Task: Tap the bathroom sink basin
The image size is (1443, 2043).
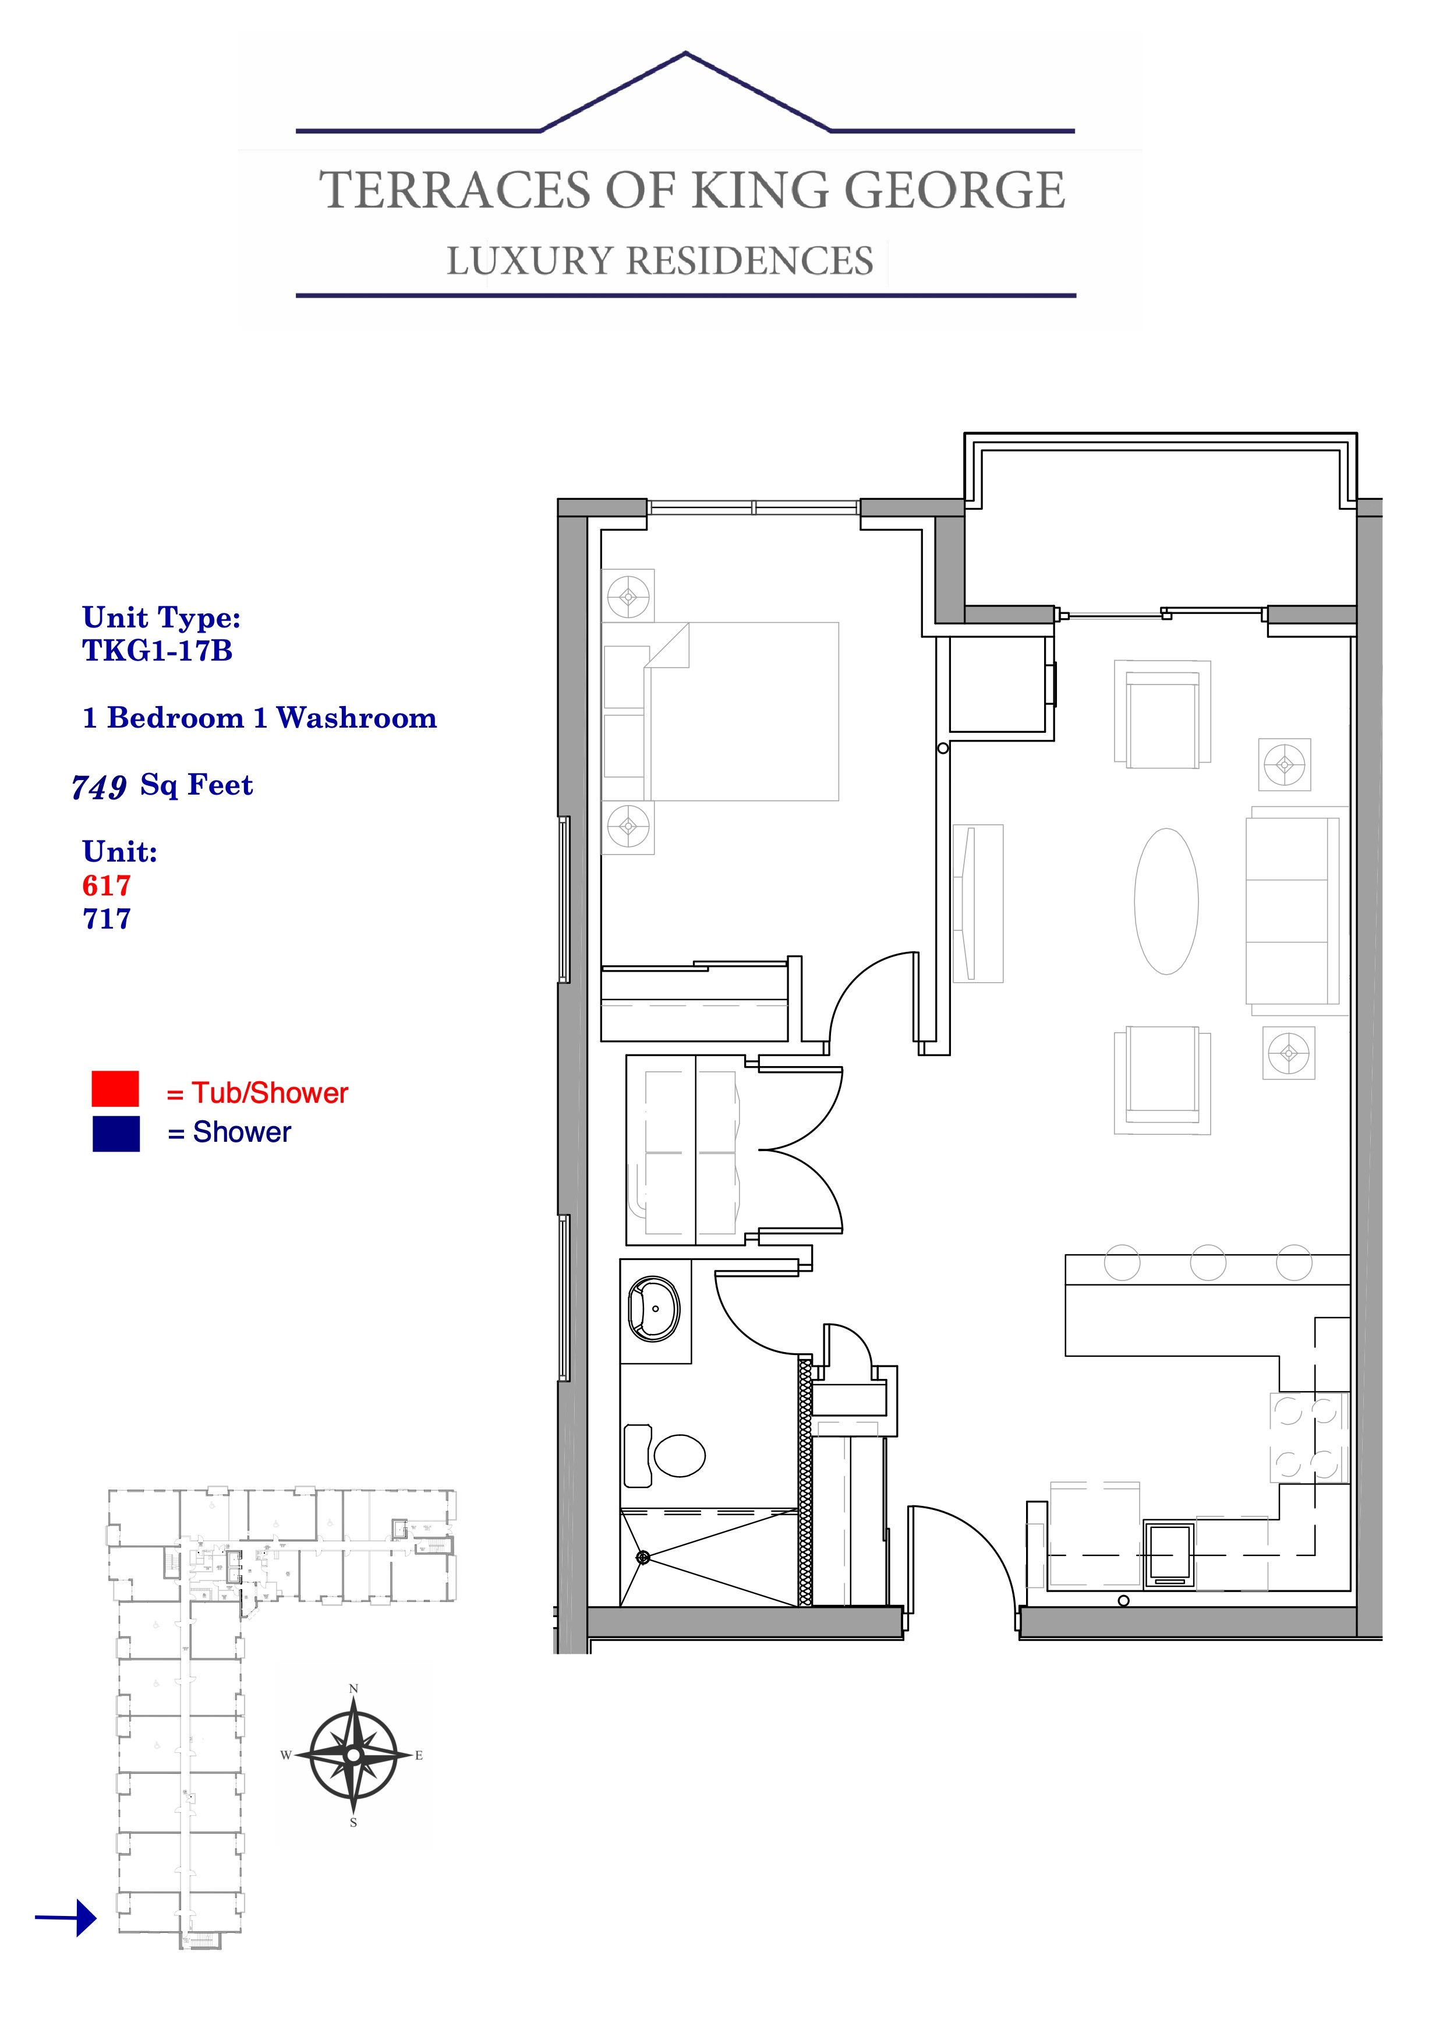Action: (654, 1309)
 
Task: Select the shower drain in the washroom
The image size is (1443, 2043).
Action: (643, 1557)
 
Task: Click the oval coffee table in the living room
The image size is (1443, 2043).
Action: (1166, 901)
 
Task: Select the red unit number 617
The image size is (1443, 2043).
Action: (107, 885)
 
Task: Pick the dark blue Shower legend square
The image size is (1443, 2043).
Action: (116, 1134)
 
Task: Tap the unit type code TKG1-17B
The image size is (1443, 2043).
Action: (157, 651)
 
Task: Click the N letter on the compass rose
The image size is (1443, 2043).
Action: (353, 1689)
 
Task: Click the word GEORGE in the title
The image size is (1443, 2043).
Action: (954, 190)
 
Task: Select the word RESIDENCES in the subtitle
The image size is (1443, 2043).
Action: (750, 261)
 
